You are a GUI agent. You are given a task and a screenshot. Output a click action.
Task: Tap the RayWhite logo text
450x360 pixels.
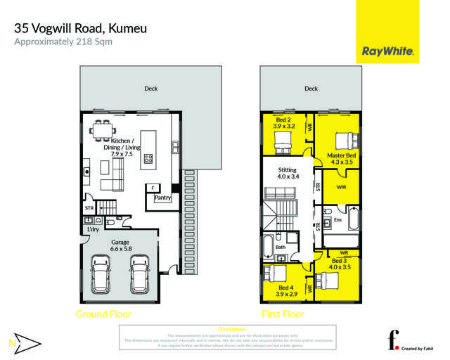387,51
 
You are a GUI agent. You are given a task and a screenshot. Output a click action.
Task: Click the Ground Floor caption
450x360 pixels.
103,314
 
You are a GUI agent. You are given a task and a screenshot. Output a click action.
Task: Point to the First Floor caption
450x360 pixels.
282,314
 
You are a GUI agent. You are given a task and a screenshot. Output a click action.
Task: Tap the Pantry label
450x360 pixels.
163,198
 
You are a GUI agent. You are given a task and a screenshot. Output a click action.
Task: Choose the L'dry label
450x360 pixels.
93,229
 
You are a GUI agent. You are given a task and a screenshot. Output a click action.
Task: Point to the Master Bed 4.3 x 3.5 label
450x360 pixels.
340,158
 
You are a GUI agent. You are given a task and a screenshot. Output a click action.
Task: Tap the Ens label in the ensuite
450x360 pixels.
338,220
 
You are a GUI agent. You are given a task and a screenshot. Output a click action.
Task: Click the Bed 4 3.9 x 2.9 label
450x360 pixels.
285,292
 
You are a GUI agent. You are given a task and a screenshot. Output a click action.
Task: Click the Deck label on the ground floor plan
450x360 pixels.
150,89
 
